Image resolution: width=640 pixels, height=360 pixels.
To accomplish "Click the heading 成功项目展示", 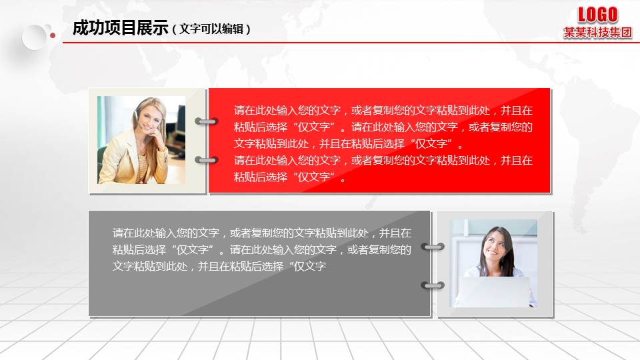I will pos(120,29).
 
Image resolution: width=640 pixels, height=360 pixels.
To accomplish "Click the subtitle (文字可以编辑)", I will pos(211,29).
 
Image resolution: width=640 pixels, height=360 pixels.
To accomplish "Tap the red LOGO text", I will pos(597,15).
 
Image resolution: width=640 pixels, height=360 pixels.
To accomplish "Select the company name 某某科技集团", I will pos(597,33).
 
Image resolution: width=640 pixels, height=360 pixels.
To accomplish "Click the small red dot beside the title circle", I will pos(52,35).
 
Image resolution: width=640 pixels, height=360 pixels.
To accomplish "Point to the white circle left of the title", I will pos(35,37).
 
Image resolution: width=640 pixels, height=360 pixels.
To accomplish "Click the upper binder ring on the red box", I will pos(207,121).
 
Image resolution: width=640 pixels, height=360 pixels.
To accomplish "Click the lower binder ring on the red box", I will pos(207,160).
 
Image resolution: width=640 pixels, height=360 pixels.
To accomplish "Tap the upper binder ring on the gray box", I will pos(433,247).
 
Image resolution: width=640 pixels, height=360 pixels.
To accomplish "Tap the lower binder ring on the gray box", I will pos(433,285).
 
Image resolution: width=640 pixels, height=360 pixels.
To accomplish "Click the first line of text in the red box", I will pos(383,111).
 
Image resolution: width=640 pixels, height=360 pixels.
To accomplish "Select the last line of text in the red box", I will pos(289,177).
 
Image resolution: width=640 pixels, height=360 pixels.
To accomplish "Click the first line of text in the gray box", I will pos(261,233).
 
